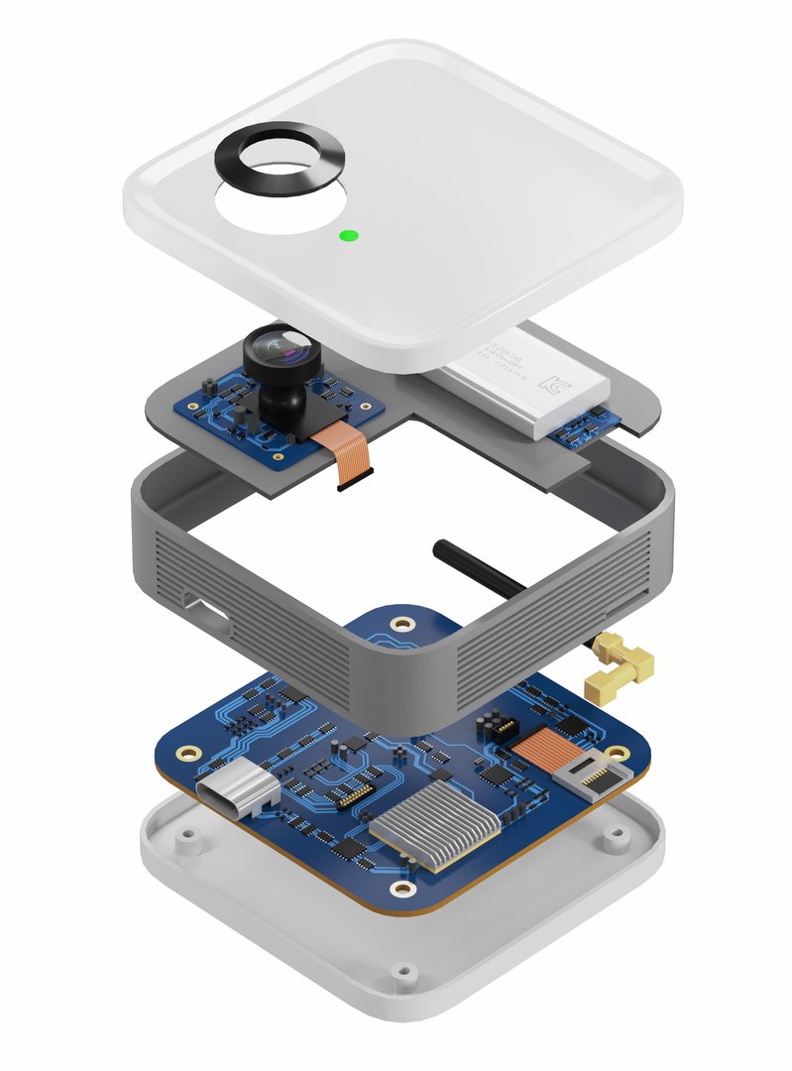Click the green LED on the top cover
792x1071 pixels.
[348, 236]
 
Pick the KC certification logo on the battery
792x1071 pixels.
[550, 378]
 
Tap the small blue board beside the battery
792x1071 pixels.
[584, 424]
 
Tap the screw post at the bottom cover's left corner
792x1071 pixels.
[183, 833]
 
